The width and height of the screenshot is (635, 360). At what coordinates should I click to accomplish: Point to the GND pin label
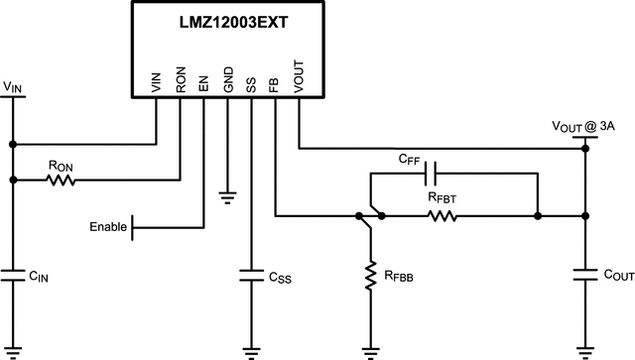click(227, 81)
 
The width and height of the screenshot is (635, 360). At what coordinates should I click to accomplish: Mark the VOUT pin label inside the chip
click(299, 79)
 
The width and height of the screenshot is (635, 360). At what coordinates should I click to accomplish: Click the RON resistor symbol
click(60, 180)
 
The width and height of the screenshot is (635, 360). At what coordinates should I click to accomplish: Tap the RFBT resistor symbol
click(443, 215)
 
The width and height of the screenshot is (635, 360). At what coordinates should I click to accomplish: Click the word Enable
click(108, 227)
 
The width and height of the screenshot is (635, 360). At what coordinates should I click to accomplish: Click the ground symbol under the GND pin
click(227, 196)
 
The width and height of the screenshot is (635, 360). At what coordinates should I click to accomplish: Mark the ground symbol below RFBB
click(370, 349)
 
